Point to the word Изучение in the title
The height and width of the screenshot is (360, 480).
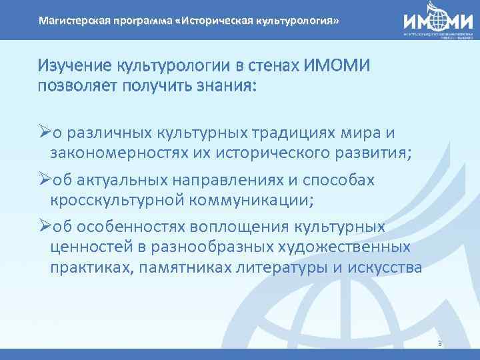[x=75, y=66]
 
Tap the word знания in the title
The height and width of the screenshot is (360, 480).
[x=229, y=88]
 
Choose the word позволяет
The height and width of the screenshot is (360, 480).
[x=77, y=88]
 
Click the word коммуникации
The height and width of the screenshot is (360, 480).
[x=254, y=201]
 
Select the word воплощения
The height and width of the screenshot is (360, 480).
[x=233, y=227]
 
